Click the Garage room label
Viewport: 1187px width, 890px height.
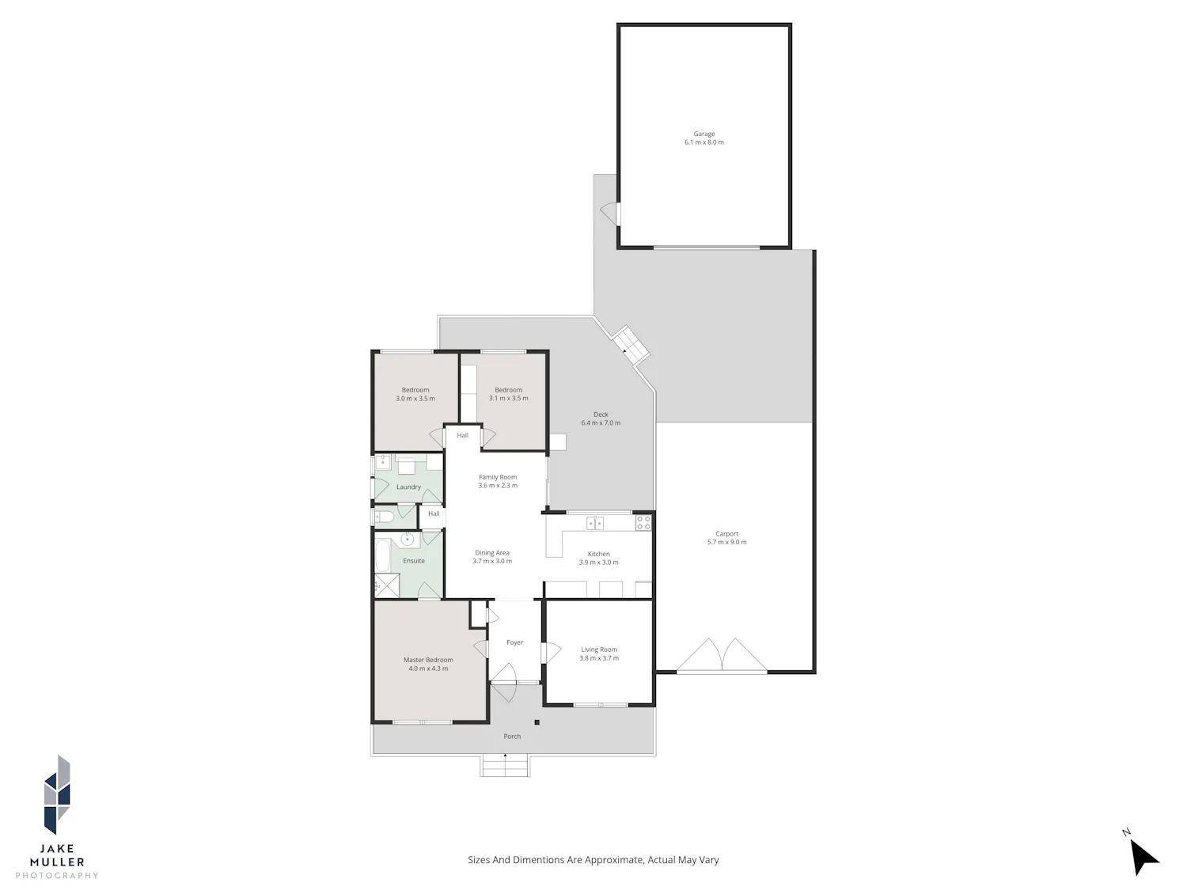[703, 134]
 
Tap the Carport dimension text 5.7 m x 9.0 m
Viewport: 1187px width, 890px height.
[726, 542]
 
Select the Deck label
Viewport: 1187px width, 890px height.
[601, 415]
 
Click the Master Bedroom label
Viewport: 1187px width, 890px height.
[428, 660]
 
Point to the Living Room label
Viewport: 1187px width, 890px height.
[598, 650]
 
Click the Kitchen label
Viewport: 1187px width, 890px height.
[598, 554]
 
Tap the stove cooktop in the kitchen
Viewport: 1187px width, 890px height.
[643, 522]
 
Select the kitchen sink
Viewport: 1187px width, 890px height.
[595, 523]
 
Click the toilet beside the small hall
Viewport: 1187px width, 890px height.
[384, 517]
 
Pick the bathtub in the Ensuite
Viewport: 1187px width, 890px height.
[382, 555]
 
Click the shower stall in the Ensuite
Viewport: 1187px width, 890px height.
[387, 585]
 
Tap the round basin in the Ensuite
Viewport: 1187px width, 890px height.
[408, 540]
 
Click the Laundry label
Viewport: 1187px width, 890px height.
[408, 487]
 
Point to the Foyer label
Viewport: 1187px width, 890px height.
[514, 642]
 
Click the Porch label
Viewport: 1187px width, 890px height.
[511, 736]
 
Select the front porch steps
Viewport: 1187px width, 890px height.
[505, 767]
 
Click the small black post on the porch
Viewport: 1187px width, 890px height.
[537, 722]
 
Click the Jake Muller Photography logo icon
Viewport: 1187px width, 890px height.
[57, 794]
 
